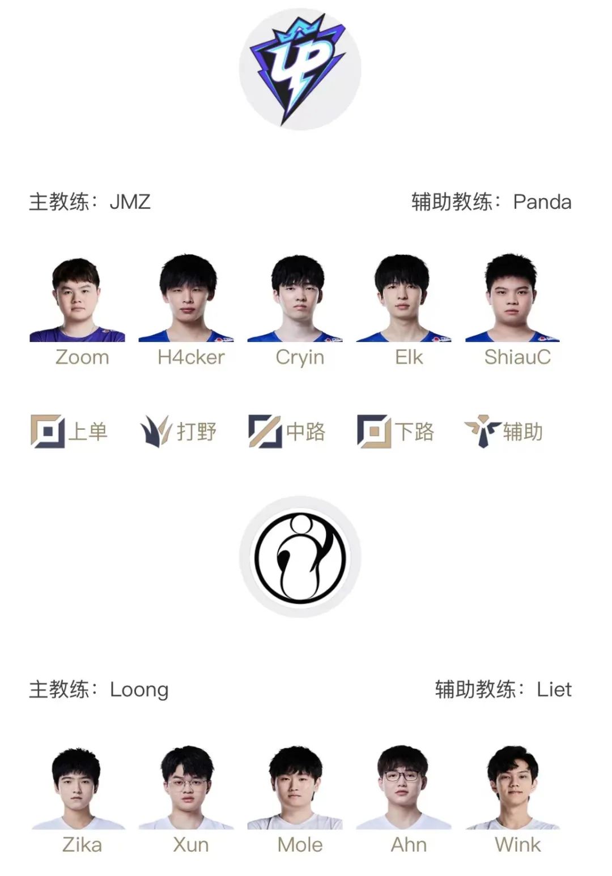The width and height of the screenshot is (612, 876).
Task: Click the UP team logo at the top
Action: click(x=300, y=69)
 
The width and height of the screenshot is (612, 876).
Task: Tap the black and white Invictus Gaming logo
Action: click(x=300, y=557)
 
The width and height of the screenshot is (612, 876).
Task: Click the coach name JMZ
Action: click(x=130, y=202)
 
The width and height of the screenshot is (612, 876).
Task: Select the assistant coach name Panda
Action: click(x=542, y=202)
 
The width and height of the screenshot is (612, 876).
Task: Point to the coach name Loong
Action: click(x=139, y=690)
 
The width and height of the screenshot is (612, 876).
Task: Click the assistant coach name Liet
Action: click(x=554, y=690)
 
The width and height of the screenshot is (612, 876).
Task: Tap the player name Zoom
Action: click(x=82, y=357)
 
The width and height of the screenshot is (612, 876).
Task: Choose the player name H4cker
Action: click(x=191, y=357)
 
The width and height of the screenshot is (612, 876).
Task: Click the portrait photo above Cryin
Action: click(x=297, y=298)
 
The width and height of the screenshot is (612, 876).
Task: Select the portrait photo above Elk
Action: click(x=403, y=298)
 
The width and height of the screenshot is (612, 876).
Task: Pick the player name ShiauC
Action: click(x=517, y=357)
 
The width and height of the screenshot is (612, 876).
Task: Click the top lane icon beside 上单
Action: click(x=48, y=431)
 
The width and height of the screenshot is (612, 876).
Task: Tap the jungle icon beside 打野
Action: click(x=155, y=431)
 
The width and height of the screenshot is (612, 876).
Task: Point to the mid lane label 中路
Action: click(x=305, y=431)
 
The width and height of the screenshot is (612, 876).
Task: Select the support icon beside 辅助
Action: click(x=482, y=431)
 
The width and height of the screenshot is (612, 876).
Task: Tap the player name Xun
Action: click(x=191, y=845)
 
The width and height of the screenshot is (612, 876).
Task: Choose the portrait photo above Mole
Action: click(x=295, y=787)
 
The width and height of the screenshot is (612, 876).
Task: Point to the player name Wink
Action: click(x=517, y=845)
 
